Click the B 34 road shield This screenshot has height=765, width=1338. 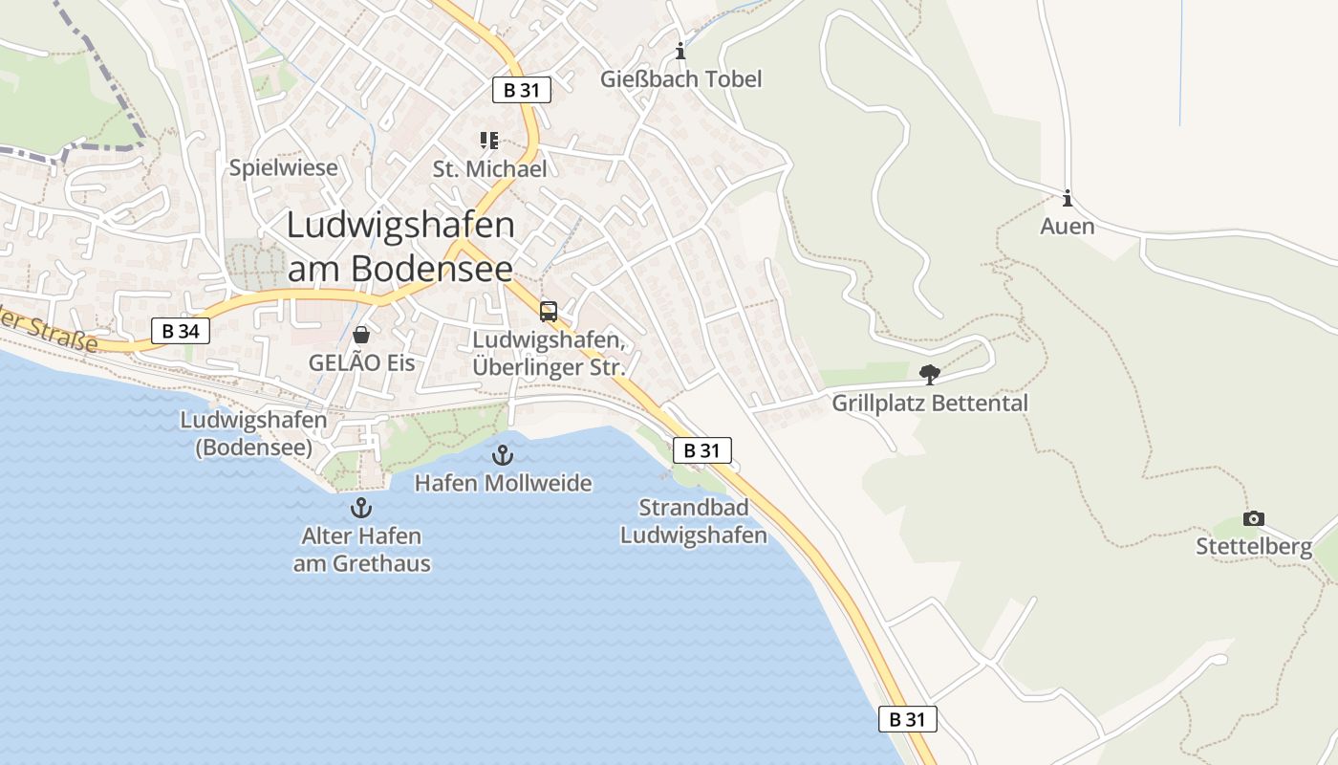[x=181, y=332]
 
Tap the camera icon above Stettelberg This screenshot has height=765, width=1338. [x=1253, y=518]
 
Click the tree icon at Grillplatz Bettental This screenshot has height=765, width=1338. [x=929, y=375]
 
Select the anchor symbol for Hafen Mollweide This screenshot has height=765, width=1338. [x=503, y=455]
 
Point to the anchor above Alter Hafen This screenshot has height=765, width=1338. [x=361, y=508]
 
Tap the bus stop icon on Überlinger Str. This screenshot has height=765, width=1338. [x=549, y=311]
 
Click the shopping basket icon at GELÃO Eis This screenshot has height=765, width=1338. [x=361, y=335]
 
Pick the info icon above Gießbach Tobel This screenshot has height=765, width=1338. [x=680, y=51]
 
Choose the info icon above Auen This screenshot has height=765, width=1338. [x=1068, y=199]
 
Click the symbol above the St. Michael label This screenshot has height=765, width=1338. [x=489, y=142]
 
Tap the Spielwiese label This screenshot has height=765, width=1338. [x=284, y=168]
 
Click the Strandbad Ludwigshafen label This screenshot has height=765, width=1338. [x=694, y=521]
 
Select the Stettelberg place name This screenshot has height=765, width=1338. [x=1254, y=547]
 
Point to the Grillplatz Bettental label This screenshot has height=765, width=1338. [x=930, y=404]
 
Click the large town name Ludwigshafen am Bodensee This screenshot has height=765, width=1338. [x=400, y=246]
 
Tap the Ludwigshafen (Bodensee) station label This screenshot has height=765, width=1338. [x=254, y=433]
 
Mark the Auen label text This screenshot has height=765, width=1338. [x=1068, y=228]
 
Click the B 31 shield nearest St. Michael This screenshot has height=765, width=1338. [x=522, y=91]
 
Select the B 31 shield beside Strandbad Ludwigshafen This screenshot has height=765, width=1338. [x=701, y=450]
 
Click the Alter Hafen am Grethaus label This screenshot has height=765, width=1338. [x=361, y=550]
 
